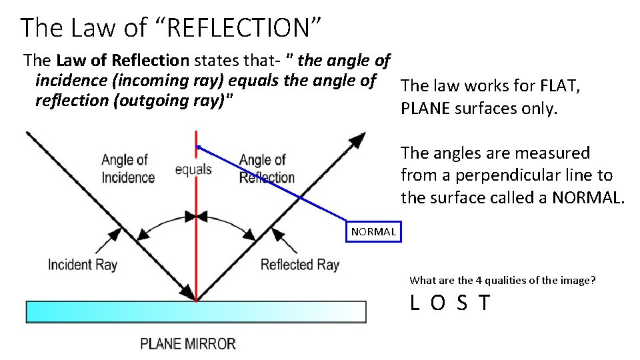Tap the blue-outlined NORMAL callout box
373,231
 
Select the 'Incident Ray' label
82,265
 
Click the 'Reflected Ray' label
299,265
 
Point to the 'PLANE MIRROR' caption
188,344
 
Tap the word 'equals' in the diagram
193,169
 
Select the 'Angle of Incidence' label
127,169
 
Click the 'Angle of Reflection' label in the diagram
267,169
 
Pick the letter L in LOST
415,303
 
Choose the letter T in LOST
484,303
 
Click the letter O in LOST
437,303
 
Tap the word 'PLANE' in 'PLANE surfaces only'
425,109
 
